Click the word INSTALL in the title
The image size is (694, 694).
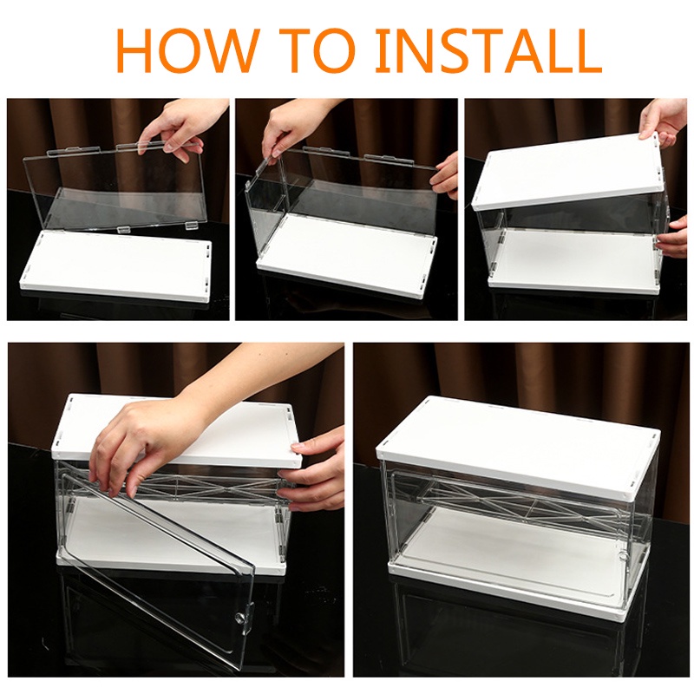pyautogui.click(x=490, y=51)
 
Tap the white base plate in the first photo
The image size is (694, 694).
pyautogui.click(x=116, y=266)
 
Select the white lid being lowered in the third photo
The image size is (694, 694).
pyautogui.click(x=569, y=169)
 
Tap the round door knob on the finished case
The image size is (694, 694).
pyautogui.click(x=622, y=556)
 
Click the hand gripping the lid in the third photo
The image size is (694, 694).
pyautogui.click(x=665, y=120)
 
